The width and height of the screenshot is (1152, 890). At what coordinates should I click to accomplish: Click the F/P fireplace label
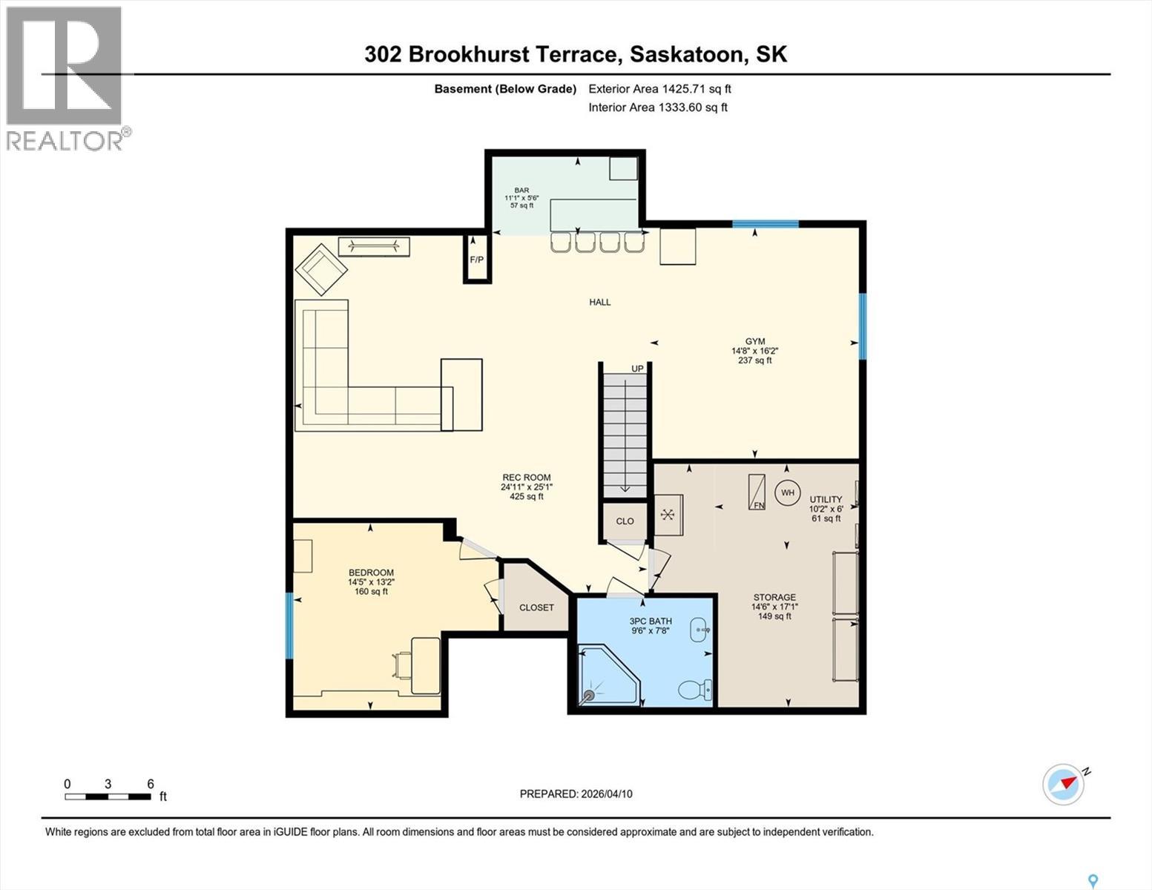coord(476,260)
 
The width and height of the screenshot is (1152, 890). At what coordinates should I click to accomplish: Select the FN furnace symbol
coord(757,492)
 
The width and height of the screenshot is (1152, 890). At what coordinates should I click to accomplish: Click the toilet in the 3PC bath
coord(694,690)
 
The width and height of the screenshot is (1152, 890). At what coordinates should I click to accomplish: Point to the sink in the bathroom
coord(700,630)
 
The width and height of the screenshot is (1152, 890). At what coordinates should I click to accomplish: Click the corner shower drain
coord(590,695)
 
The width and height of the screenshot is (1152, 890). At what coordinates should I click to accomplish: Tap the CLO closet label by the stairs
coord(625,521)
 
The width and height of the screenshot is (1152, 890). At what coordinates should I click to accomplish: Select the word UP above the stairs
coord(637,369)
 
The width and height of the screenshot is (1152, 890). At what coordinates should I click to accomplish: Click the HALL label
coord(599,302)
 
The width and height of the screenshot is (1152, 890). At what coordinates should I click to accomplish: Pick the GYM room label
coord(754,341)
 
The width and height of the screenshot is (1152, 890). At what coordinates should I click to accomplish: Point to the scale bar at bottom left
coord(108,797)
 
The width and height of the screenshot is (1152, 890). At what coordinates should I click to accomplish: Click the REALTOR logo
coord(65,77)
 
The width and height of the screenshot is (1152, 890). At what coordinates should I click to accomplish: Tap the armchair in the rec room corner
coord(321,268)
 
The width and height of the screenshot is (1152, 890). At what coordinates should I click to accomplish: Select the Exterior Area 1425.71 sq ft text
coord(659,88)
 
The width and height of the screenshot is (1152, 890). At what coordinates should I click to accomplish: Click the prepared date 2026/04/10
coord(576,794)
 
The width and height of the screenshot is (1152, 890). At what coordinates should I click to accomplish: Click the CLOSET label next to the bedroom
coord(536,607)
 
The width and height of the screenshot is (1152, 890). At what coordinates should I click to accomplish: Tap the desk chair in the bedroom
coord(404,665)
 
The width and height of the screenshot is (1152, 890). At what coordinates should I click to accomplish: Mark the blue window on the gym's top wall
coord(766,223)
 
